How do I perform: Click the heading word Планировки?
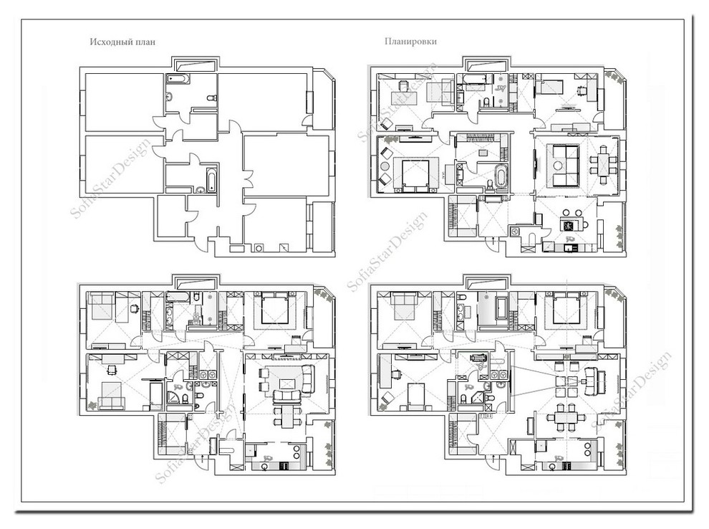(410, 42)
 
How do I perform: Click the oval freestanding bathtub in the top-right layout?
(501, 176)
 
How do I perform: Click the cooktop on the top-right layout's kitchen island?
(567, 224)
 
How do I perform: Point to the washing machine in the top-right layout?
(515, 232)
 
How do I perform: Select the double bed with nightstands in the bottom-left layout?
(275, 308)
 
